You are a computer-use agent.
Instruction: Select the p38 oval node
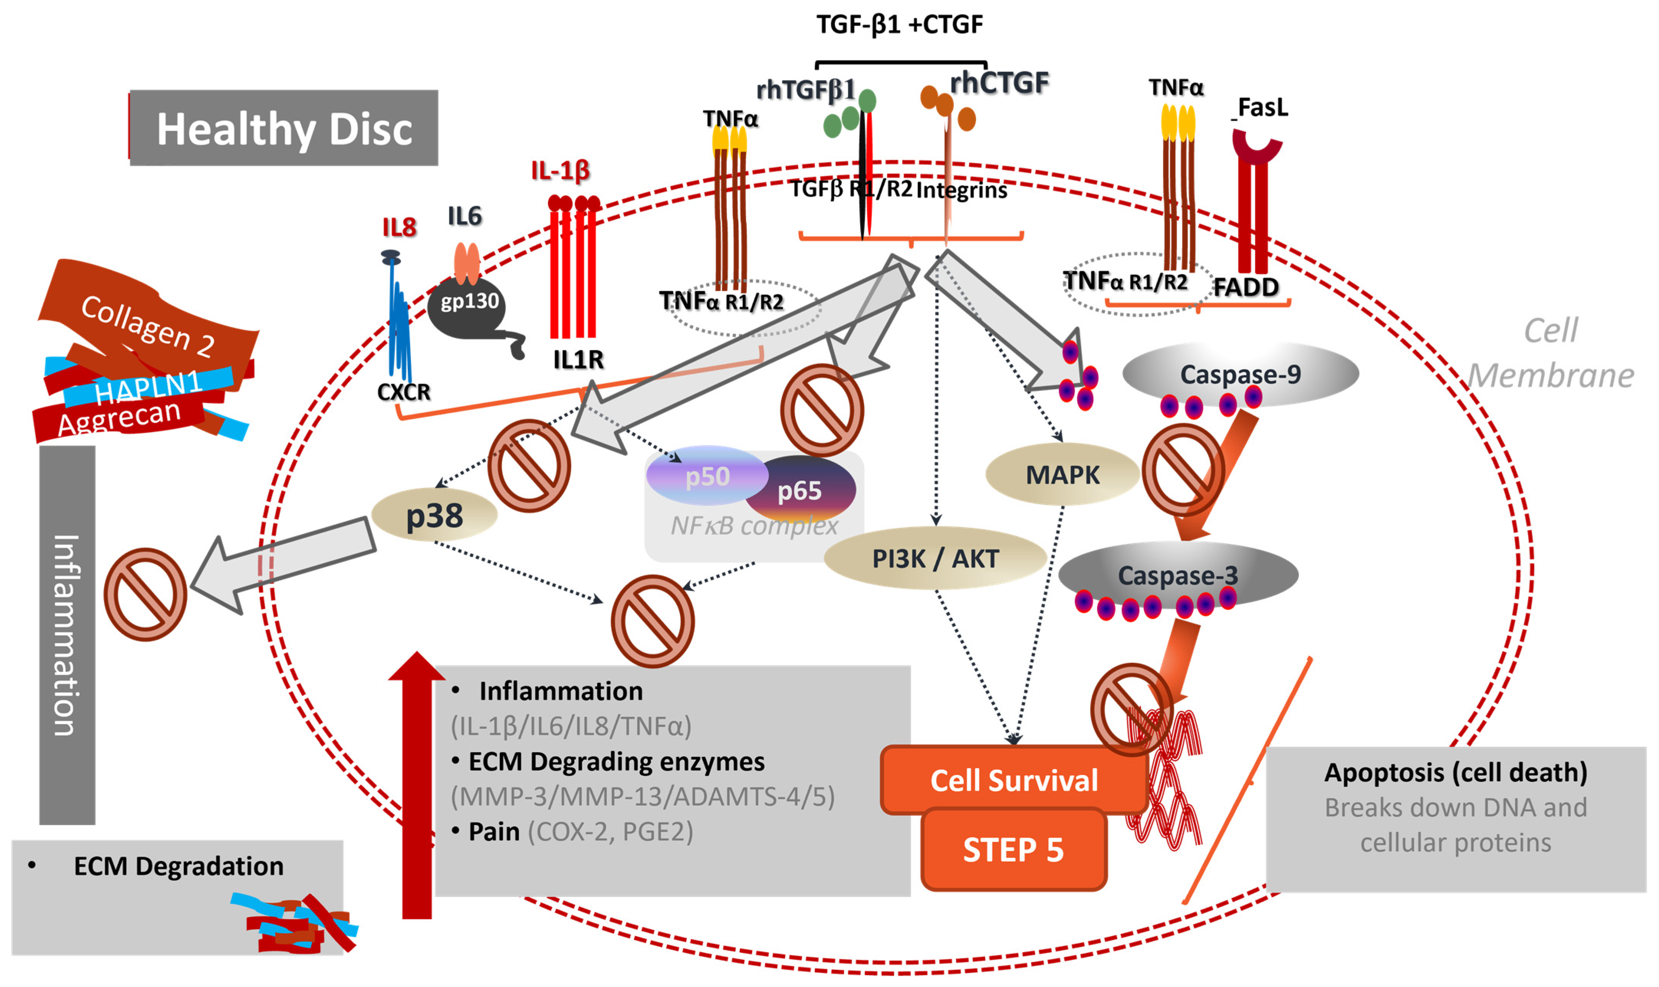434,515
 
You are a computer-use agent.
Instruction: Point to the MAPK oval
1062,474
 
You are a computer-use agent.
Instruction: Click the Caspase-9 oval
1240,374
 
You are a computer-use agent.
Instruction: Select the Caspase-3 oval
1178,575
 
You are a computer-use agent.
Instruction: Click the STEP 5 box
1013,849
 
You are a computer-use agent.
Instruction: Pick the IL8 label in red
399,228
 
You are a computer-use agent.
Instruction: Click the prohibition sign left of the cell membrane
145,594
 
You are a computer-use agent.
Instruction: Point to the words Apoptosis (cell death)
1455,772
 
